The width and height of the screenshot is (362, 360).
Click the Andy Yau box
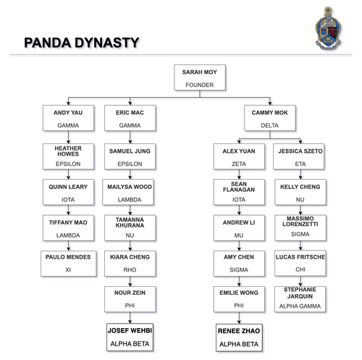tap(68, 119)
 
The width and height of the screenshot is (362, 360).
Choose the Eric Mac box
tap(130, 119)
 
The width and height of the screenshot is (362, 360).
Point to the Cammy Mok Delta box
tap(269, 119)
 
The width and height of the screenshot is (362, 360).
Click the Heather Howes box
tap(68, 157)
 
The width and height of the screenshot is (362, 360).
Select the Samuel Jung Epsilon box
tap(130, 157)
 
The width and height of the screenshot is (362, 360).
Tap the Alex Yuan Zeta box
tap(238, 157)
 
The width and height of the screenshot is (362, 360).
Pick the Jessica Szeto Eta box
tap(300, 157)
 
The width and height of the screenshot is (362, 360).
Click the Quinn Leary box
tap(68, 193)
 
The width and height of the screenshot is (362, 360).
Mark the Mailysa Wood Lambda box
tap(130, 193)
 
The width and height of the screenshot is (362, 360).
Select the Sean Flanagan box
tap(238, 193)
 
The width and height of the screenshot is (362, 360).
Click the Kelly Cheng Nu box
tap(300, 193)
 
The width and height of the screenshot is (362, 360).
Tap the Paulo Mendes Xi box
tap(68, 263)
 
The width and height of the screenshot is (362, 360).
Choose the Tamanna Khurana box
tap(130, 228)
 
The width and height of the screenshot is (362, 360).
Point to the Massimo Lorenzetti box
tap(300, 228)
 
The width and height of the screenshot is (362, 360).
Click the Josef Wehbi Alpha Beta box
tap(130, 337)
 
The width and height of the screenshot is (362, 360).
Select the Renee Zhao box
tap(238, 337)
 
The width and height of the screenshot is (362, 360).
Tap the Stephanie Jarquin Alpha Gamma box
tap(300, 299)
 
